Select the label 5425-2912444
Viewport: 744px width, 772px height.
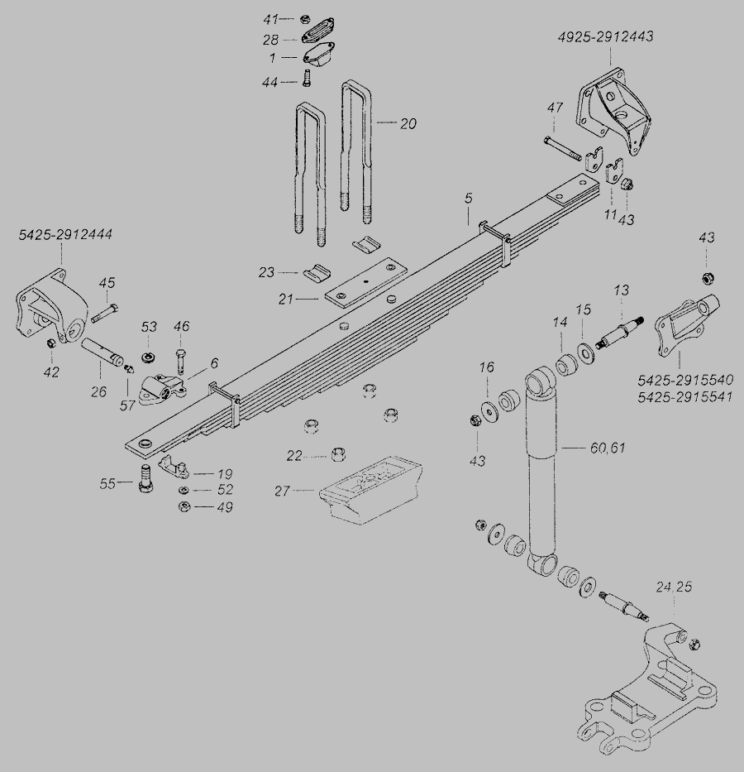(66, 236)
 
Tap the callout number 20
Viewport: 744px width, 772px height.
(408, 124)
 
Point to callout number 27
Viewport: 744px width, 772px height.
(284, 491)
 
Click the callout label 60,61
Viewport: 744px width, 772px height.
(608, 448)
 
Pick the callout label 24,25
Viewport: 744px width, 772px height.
(675, 587)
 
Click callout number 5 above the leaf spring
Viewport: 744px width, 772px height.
(468, 199)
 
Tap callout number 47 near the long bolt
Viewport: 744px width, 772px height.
(554, 108)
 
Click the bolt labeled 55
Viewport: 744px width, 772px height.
(145, 478)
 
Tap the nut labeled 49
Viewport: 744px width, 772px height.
(185, 506)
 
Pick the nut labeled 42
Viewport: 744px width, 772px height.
(51, 343)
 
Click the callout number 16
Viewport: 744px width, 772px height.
(486, 367)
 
